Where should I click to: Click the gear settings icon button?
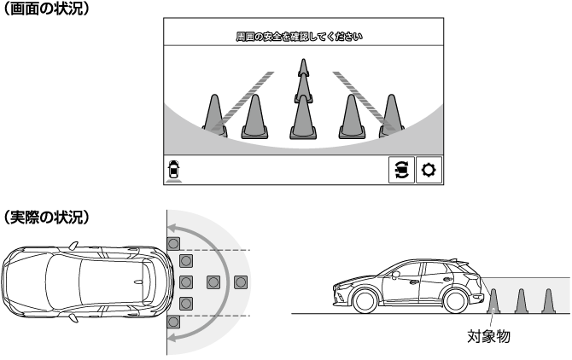click(x=429, y=170)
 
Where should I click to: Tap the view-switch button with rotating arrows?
click(x=401, y=170)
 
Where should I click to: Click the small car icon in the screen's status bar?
click(x=173, y=170)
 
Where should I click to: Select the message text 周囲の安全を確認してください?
click(x=299, y=37)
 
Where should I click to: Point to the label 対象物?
click(x=488, y=336)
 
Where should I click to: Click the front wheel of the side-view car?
click(x=365, y=300)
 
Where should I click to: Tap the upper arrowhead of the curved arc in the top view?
click(x=172, y=229)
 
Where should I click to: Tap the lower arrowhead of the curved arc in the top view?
click(x=172, y=338)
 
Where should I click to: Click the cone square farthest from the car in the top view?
click(x=241, y=282)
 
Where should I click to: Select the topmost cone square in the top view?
click(x=173, y=243)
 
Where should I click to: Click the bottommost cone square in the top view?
click(x=173, y=322)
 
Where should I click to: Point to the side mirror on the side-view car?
click(x=396, y=275)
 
